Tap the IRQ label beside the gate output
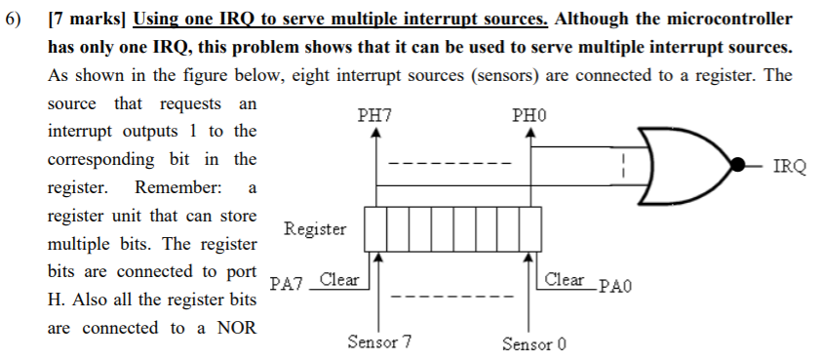pyautogui.click(x=789, y=166)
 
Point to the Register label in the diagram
pyautogui.click(x=315, y=229)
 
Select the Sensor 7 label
pyautogui.click(x=379, y=342)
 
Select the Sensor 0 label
pyautogui.click(x=534, y=343)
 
